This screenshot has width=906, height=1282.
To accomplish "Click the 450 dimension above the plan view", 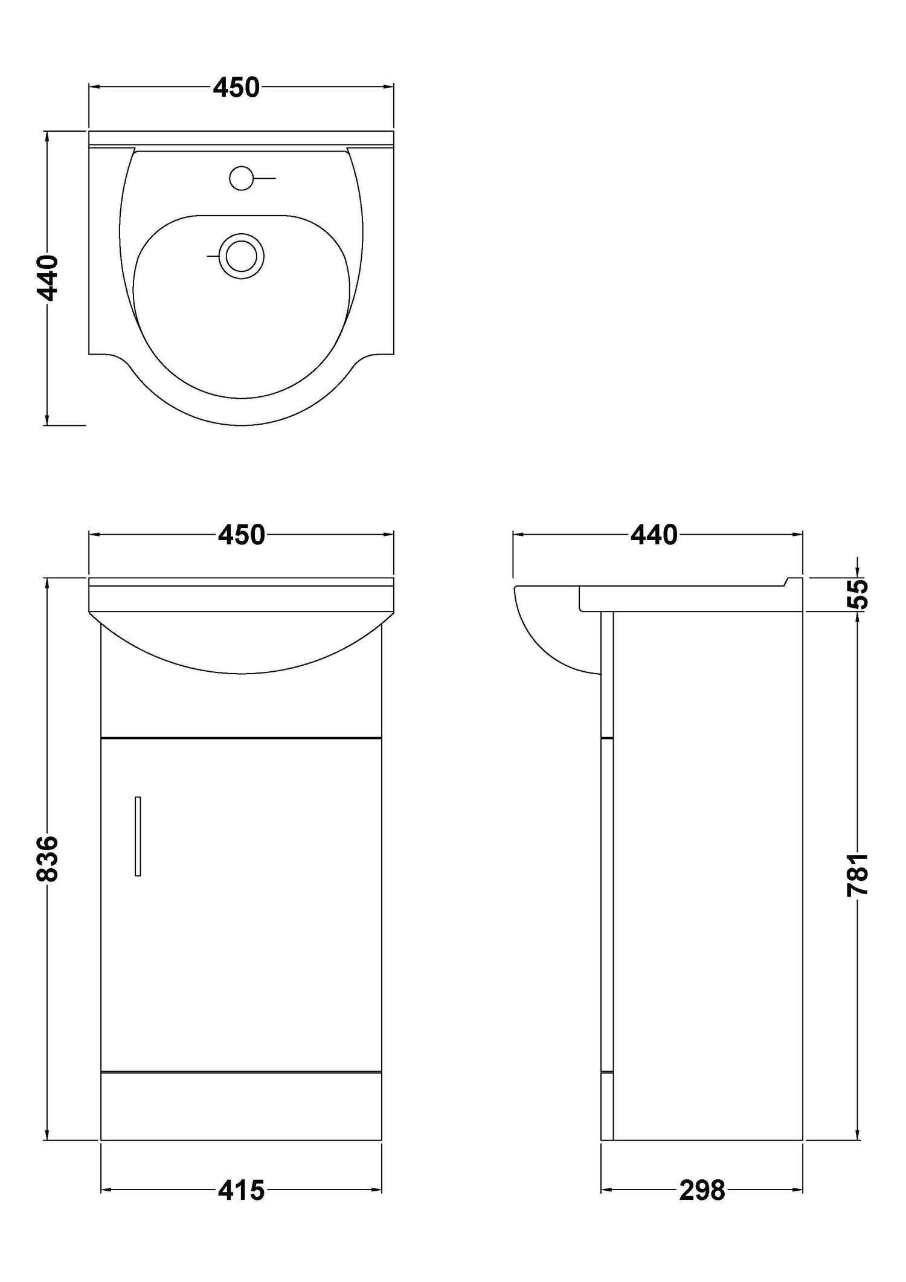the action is [236, 88].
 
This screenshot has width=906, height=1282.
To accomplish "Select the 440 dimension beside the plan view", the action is [47, 278].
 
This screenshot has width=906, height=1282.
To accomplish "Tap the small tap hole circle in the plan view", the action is [241, 178].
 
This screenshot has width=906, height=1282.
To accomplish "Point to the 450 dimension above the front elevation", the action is [242, 535].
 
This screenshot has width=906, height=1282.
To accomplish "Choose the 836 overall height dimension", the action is [47, 858].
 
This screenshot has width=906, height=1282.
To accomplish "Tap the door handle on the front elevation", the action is [138, 837].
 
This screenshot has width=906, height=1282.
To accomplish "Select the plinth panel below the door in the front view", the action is [241, 1106].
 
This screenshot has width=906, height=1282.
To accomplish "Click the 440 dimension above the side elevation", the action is [654, 535].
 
